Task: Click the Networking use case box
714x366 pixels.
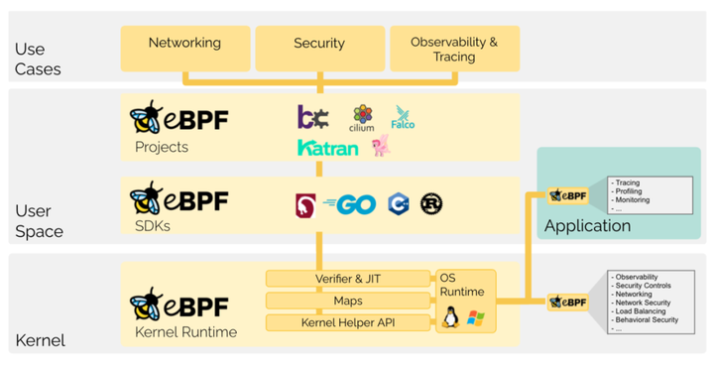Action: [x=184, y=45]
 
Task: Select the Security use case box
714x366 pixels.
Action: [x=318, y=45]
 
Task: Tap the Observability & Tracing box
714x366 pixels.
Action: [x=453, y=50]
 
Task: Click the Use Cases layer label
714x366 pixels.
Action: [x=38, y=59]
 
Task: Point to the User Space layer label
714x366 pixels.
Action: [x=40, y=220]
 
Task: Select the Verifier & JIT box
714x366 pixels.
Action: [x=347, y=278]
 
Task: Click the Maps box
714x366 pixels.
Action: [x=347, y=300]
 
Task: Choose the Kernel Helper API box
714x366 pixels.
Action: [x=347, y=322]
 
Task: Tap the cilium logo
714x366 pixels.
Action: [x=362, y=118]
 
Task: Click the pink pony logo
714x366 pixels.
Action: [x=380, y=146]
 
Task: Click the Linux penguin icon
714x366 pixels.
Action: [x=452, y=318]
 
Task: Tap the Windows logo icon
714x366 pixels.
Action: [x=476, y=319]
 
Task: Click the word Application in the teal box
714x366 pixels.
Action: [x=587, y=226]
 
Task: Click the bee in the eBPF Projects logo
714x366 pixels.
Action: [x=147, y=119]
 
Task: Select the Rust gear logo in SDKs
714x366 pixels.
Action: [x=431, y=203]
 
